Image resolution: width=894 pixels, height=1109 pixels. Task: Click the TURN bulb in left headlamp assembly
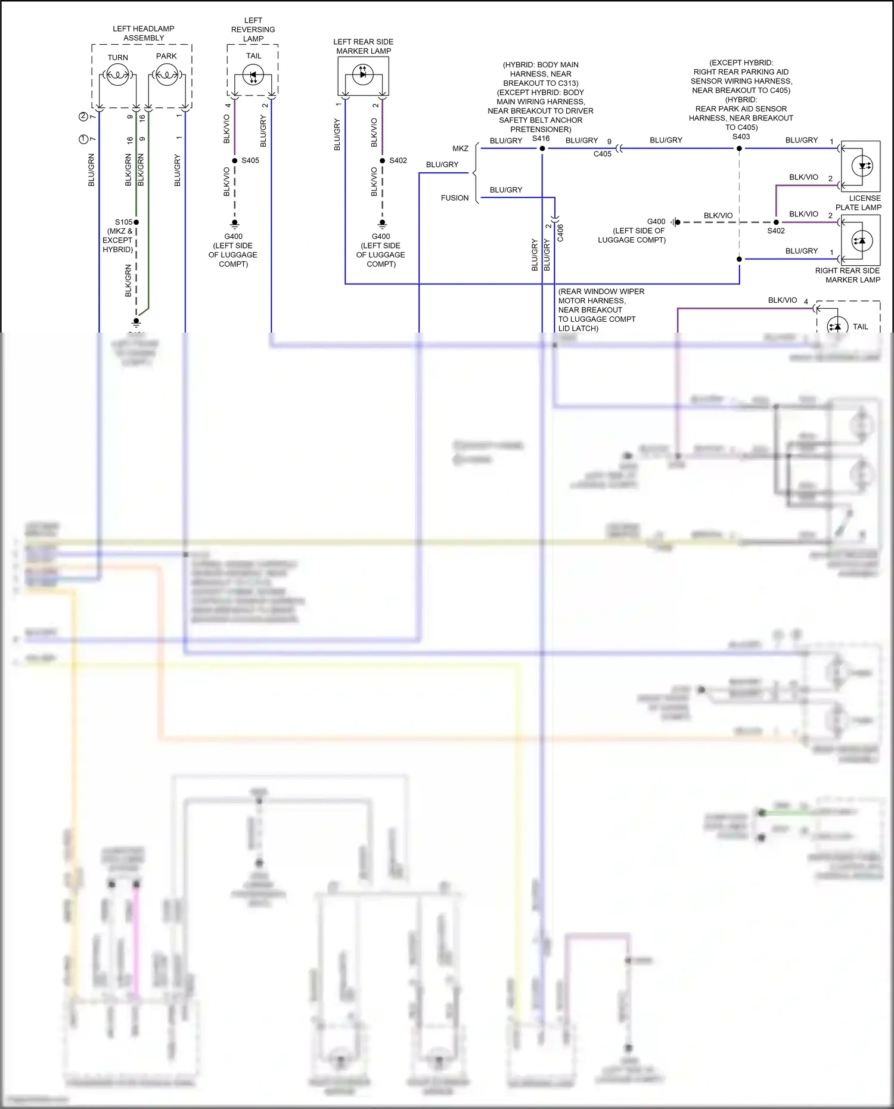click(x=117, y=75)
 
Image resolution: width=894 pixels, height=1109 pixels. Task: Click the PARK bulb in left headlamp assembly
click(x=166, y=75)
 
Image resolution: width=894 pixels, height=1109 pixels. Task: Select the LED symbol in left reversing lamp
click(x=253, y=76)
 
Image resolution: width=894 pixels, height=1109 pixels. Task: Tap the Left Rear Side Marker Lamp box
click(x=363, y=76)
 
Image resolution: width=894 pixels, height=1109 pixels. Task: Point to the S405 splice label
click(x=250, y=160)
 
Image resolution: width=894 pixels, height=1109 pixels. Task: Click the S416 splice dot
click(x=542, y=148)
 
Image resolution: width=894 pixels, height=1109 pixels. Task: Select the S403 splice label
click(x=741, y=136)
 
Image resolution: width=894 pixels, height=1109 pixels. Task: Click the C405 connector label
click(x=602, y=154)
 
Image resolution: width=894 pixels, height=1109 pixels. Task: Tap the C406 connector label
click(x=560, y=232)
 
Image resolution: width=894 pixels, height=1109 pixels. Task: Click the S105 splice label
click(x=123, y=222)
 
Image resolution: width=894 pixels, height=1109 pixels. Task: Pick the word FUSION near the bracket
click(x=455, y=198)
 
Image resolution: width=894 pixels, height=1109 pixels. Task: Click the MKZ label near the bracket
click(x=460, y=148)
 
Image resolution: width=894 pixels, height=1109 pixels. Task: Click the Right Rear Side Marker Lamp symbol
click(x=861, y=241)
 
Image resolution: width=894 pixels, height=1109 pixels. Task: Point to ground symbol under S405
click(x=235, y=224)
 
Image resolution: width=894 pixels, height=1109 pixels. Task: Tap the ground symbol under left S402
click(x=383, y=224)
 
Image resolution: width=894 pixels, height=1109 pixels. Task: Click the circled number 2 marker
click(x=83, y=117)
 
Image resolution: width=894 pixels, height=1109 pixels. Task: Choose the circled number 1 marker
click(x=83, y=139)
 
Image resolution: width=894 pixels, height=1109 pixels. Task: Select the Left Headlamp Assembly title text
click(x=144, y=33)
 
